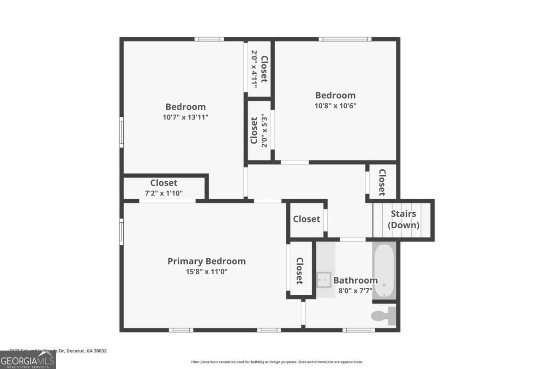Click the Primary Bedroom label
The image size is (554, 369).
pyautogui.click(x=206, y=262)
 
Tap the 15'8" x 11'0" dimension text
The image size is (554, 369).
pyautogui.click(x=206, y=272)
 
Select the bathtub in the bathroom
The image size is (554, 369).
pyautogui.click(x=384, y=271)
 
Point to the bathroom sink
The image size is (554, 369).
pyautogui.click(x=324, y=279)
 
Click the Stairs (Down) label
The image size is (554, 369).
pyautogui.click(x=403, y=220)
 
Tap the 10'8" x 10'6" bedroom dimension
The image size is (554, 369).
pyautogui.click(x=335, y=105)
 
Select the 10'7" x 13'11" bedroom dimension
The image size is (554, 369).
pyautogui.click(x=186, y=117)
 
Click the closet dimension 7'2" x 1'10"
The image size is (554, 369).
pyautogui.click(x=163, y=193)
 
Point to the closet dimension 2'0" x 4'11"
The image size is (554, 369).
pyautogui.click(x=253, y=69)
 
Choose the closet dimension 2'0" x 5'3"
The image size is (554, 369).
pyautogui.click(x=265, y=131)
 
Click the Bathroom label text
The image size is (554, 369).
pyautogui.click(x=355, y=280)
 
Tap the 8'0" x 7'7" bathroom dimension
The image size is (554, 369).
pyautogui.click(x=355, y=291)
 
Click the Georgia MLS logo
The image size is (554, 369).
pyautogui.click(x=28, y=360)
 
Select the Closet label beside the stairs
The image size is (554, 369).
pyautogui.click(x=382, y=182)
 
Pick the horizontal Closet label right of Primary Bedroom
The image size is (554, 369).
pyautogui.click(x=307, y=219)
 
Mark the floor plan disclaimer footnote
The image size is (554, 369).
pyautogui.click(x=277, y=362)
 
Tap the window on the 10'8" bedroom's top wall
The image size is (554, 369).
pyautogui.click(x=345, y=39)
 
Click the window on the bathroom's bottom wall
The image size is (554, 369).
pyautogui.click(x=359, y=330)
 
